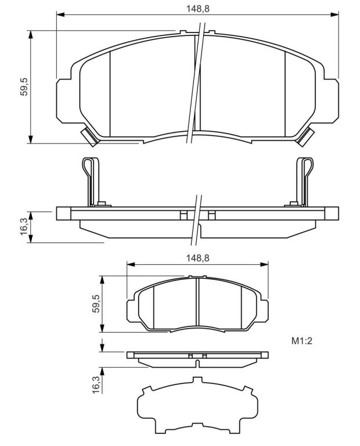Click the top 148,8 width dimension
pos(197,9)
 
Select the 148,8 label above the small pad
pos(197,258)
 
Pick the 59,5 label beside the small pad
pos(96,304)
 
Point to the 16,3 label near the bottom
pos(96,384)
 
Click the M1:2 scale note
pos(302,341)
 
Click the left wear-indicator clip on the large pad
pos(89,136)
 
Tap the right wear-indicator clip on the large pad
pos(305,136)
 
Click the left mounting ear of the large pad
pos(64,101)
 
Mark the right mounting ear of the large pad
pos(332,101)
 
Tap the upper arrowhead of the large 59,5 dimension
pos(30,34)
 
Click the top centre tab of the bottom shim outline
pos(197,380)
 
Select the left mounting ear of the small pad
pos(130,311)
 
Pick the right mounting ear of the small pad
pos(264,311)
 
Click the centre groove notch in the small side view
pos(197,364)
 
